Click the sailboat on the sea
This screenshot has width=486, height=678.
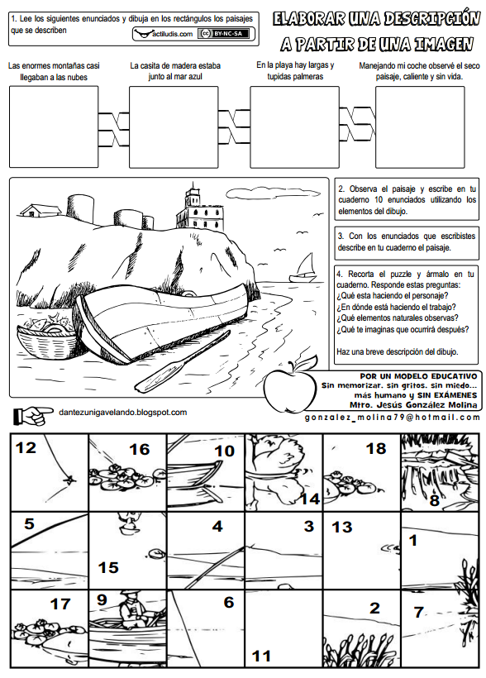304,268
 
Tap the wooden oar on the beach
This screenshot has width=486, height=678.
183,362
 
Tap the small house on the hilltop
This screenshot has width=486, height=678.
40,210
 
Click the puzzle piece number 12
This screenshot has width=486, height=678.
50,473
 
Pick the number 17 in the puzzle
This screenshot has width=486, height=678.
60,604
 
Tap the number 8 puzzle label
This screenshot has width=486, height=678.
435,500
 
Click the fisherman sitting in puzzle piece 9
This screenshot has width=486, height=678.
132,610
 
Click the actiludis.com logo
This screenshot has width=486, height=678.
164,34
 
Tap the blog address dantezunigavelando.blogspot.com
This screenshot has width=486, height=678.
123,413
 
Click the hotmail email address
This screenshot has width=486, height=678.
393,418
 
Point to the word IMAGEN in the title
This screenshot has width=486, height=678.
443,44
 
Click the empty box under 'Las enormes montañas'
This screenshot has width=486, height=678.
54,127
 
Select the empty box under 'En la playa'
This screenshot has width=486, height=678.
294,127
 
